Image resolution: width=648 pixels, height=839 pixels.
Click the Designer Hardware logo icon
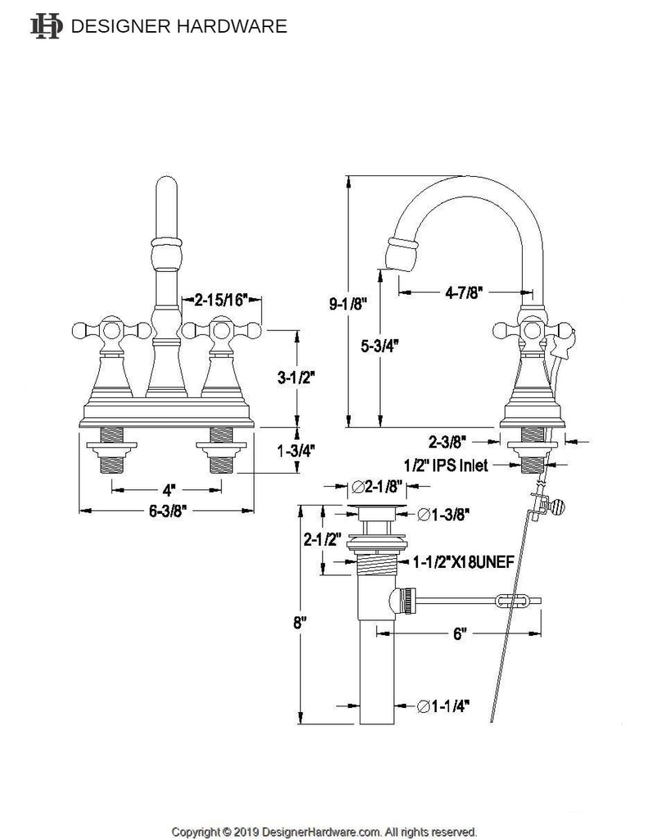(46, 26)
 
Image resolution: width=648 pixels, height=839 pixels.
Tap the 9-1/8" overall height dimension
(347, 305)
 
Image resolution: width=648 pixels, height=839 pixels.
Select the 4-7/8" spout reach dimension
(464, 293)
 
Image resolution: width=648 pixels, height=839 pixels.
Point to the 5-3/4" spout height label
(380, 347)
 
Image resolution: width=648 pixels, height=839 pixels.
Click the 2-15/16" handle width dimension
(221, 300)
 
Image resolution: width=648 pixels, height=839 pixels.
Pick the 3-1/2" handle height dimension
(296, 378)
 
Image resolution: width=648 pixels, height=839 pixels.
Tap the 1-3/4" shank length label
(296, 451)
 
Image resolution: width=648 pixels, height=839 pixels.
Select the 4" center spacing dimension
(169, 490)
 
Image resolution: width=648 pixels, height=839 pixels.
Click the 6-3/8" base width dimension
(167, 511)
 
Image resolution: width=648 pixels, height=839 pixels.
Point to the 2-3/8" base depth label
(447, 442)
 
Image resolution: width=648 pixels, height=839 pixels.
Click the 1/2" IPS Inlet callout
(446, 465)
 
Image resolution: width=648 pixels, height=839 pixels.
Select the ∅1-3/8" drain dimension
(443, 515)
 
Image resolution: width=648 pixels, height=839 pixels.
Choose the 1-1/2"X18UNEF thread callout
(464, 562)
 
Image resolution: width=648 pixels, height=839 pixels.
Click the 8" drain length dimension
(299, 623)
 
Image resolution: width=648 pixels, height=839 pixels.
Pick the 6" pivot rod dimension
(459, 634)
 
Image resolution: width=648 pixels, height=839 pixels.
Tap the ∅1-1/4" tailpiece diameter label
(443, 706)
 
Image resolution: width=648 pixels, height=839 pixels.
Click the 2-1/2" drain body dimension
(323, 539)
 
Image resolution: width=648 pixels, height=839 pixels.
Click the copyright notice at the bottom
(324, 832)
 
